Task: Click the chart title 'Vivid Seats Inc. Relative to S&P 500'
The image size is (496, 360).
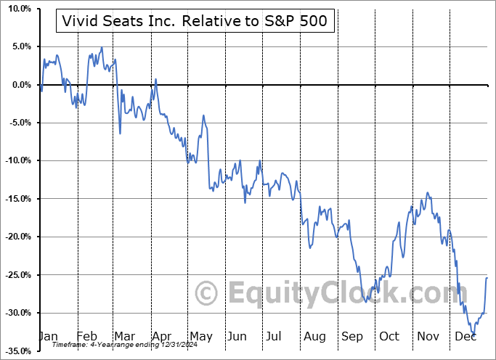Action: pyautogui.click(x=195, y=22)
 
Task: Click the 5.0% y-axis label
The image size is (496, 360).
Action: pyautogui.click(x=18, y=46)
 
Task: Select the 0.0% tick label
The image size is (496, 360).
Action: pyautogui.click(x=18, y=85)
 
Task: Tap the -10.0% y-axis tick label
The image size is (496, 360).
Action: pyautogui.click(x=16, y=160)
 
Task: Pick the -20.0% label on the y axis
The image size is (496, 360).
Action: pyautogui.click(x=16, y=237)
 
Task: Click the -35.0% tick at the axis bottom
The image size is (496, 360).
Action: pyautogui.click(x=16, y=351)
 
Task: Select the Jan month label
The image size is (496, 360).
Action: pyautogui.click(x=48, y=336)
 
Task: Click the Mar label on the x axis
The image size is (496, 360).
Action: pyautogui.click(x=124, y=336)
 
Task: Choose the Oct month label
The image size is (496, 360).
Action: pyautogui.click(x=389, y=336)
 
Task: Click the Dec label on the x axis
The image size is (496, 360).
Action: pyautogui.click(x=464, y=336)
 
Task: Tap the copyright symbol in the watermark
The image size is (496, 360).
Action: pyautogui.click(x=207, y=293)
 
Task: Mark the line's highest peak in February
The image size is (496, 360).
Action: pyautogui.click(x=102, y=48)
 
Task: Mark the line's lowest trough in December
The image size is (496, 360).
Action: pyautogui.click(x=473, y=333)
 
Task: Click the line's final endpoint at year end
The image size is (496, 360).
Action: pyautogui.click(x=487, y=278)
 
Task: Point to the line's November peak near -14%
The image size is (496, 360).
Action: pyautogui.click(x=428, y=192)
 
